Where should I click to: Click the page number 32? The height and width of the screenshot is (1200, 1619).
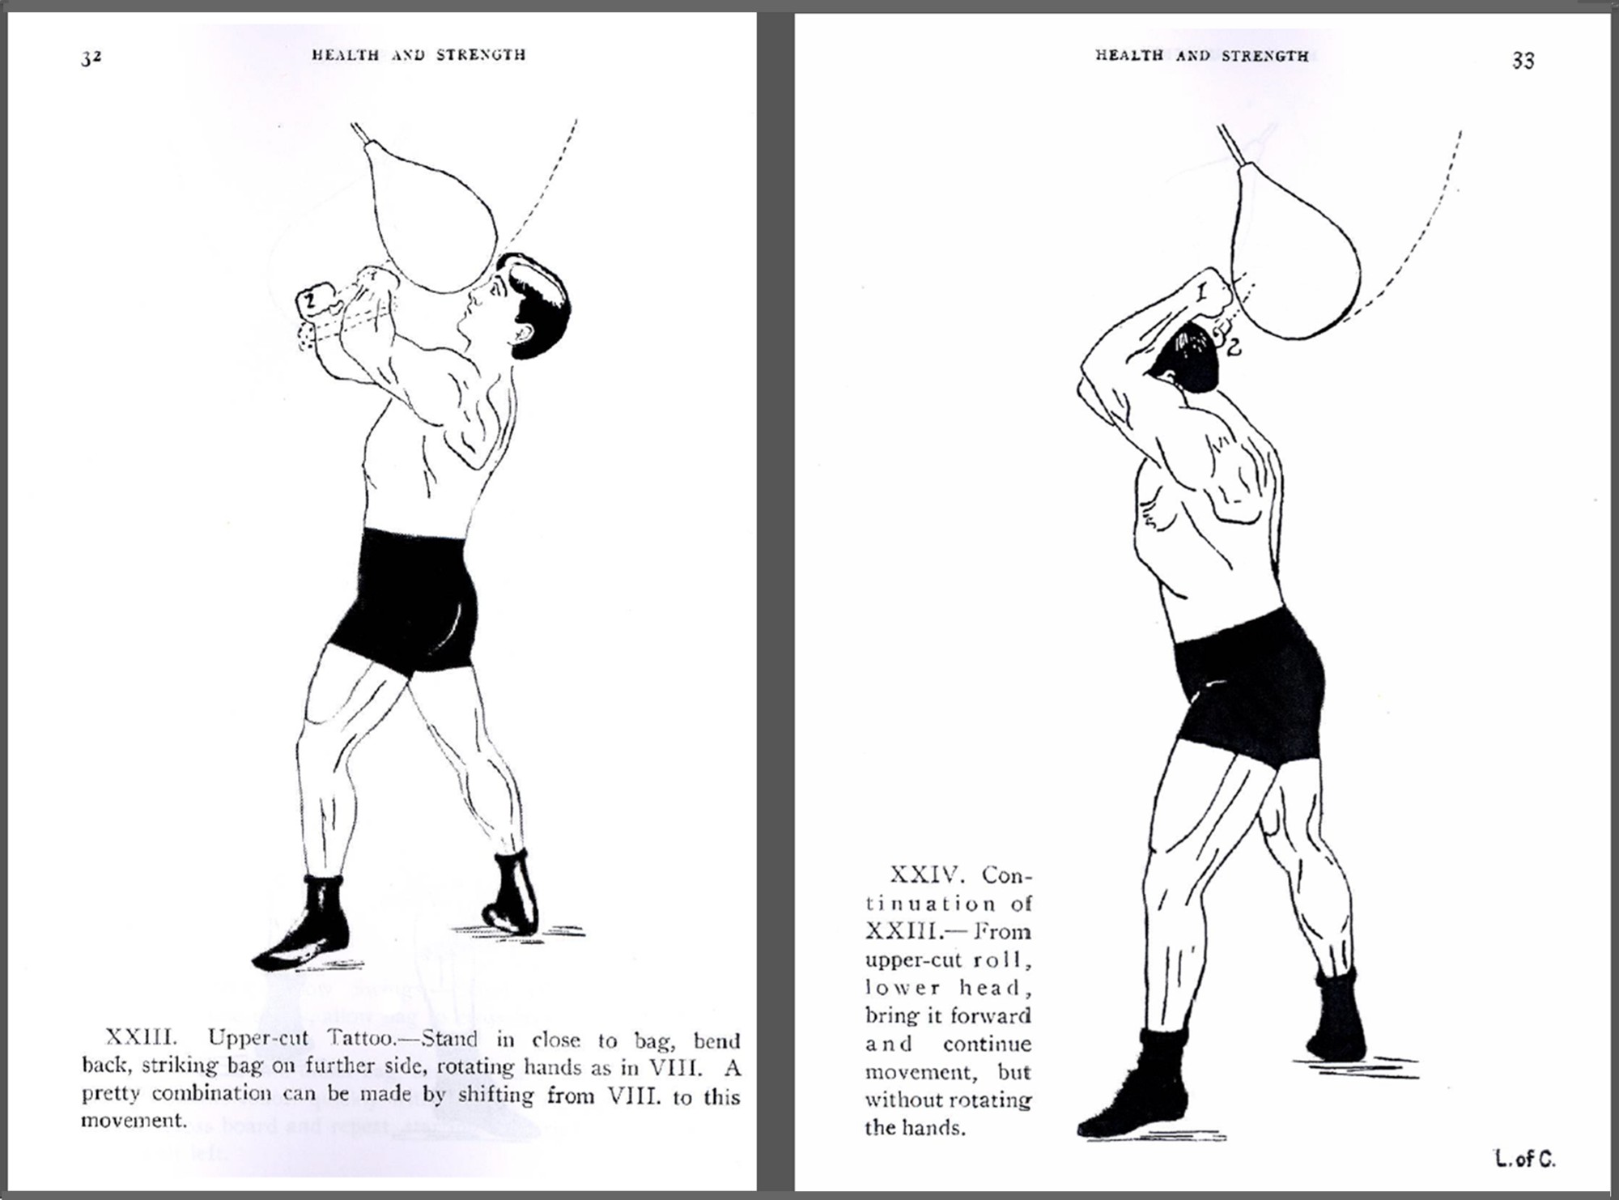[x=91, y=57]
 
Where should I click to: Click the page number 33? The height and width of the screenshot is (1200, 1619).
[x=1523, y=61]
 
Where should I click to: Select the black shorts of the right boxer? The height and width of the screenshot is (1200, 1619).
[x=1251, y=688]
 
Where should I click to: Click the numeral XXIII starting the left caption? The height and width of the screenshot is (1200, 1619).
[x=141, y=1037]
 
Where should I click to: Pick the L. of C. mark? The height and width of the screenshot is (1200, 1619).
[x=1524, y=1160]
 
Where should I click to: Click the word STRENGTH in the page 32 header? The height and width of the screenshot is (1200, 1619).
[x=481, y=55]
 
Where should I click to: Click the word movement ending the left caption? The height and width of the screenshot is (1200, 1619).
[x=134, y=1121]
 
